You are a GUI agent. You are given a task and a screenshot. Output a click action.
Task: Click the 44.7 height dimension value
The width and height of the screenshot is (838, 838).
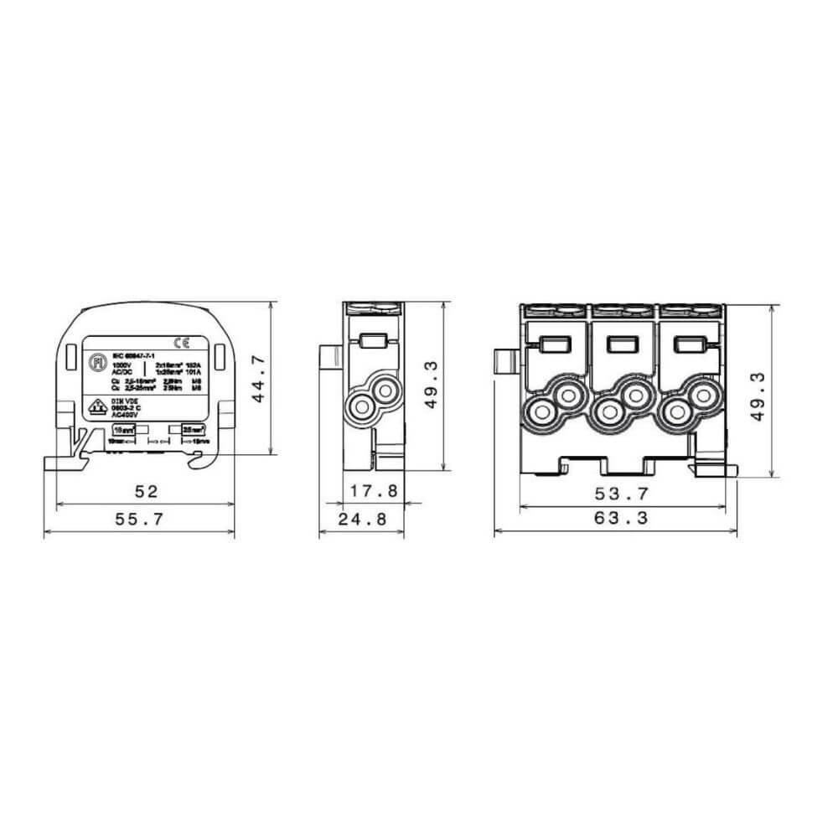coord(259,379)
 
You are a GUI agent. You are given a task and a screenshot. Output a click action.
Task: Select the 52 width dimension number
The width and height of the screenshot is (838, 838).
coord(145,490)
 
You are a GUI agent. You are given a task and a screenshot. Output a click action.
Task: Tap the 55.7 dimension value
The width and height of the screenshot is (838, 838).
coord(139,520)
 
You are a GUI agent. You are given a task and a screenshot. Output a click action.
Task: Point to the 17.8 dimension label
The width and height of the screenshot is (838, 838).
coord(375,490)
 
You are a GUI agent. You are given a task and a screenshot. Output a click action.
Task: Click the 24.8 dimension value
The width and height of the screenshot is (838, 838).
coord(362,520)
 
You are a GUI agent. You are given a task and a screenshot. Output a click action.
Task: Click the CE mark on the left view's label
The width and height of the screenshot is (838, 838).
coord(179,341)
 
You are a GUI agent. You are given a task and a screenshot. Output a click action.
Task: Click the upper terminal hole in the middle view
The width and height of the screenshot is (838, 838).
coord(385,389)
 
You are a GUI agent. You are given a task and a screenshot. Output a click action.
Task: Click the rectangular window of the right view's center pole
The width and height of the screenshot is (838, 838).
coord(620,342)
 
